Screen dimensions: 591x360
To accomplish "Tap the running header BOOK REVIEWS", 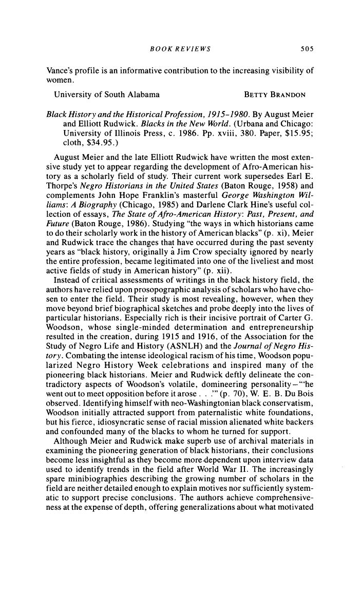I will coord(176,49).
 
